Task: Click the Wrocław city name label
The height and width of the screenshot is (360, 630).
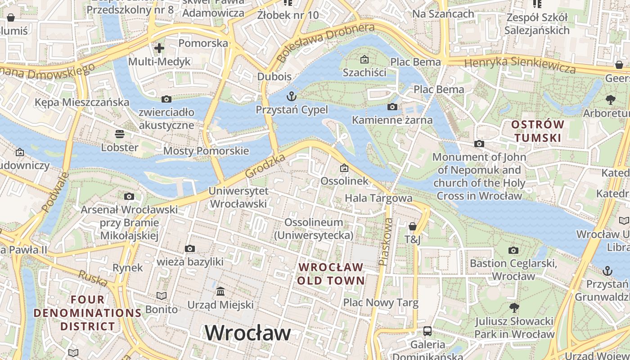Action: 248,333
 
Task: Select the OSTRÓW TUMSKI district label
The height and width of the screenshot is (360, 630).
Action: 538,131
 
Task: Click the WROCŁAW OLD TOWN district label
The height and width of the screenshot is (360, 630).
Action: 331,274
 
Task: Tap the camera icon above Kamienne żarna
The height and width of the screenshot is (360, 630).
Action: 392,107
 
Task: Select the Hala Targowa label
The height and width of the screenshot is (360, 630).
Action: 378,198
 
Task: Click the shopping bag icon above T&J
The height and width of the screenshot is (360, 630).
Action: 412,226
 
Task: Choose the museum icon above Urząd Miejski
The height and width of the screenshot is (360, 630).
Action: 220,292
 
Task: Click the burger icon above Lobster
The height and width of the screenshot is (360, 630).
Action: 120,134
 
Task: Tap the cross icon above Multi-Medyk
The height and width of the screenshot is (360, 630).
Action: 159,48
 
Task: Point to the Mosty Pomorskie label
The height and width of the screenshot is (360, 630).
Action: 206,151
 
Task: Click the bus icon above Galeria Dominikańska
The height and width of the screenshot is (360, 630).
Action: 427,331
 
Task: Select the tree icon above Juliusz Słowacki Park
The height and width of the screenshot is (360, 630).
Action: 514,308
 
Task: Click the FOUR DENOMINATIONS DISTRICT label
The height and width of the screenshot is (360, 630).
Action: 88,313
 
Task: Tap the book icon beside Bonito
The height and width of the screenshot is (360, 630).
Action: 161,296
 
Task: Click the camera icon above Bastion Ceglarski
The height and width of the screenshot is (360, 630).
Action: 513,250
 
